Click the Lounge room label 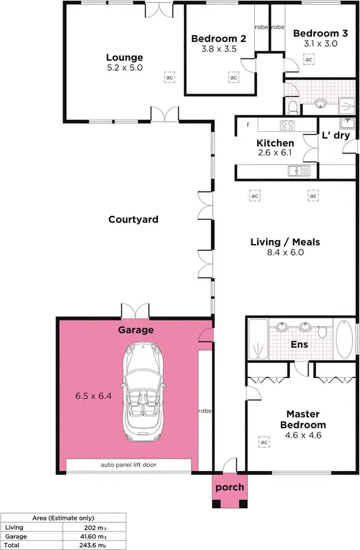coord(124,58)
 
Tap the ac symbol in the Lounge coord(169,78)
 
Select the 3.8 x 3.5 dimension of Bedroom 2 coord(213,49)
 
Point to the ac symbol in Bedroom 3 coord(308,60)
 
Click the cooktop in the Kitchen coord(286,125)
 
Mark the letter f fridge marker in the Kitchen coord(247,124)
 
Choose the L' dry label coord(336,135)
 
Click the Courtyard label coord(133,220)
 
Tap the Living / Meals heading coord(284,242)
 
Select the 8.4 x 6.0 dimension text coord(284,252)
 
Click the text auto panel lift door coord(128,465)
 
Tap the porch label coord(229,487)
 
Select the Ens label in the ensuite coord(300,344)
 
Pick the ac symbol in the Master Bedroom coord(263,442)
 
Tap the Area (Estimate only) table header coord(63,518)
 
